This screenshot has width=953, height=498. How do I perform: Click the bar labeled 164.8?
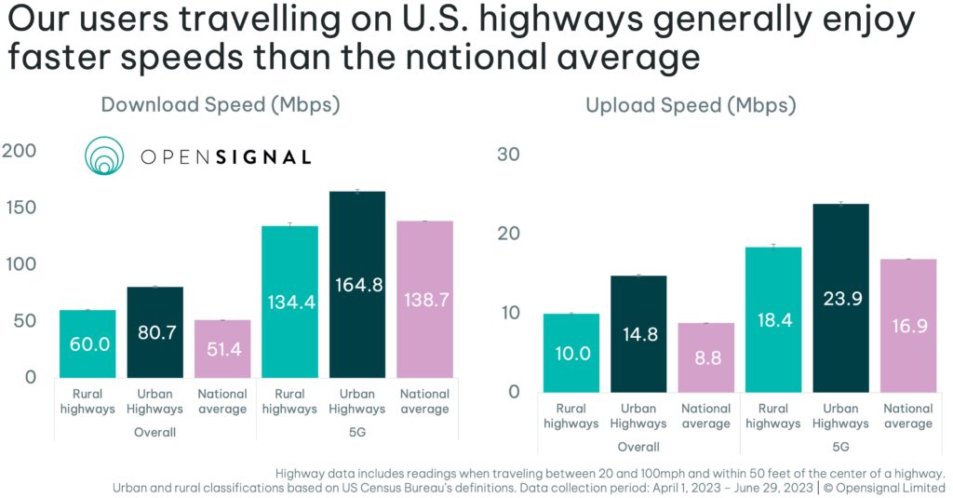(357, 284)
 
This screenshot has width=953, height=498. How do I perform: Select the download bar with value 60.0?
(88, 343)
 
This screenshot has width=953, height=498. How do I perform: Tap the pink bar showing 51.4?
(221, 349)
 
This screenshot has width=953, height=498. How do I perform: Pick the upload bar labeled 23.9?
(840, 298)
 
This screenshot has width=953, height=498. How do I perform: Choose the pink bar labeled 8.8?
(706, 357)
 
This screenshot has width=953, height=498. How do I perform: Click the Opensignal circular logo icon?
(104, 156)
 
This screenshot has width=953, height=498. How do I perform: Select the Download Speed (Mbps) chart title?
(221, 105)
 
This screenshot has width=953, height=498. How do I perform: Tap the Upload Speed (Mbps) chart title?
(691, 106)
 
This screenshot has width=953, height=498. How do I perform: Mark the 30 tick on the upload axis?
(507, 155)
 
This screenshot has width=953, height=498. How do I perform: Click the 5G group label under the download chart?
(356, 432)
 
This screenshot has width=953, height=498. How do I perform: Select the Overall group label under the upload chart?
(638, 447)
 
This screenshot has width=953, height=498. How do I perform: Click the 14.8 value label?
(638, 326)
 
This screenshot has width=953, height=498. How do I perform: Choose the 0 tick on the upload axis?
(513, 392)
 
